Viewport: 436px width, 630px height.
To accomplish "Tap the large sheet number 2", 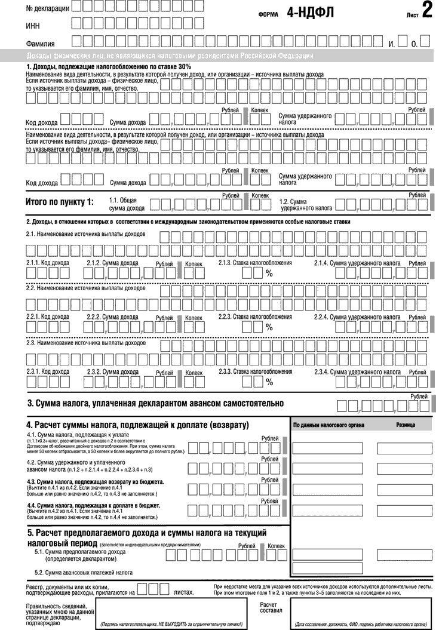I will point(426,11).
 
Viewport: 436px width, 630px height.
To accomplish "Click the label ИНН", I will point(33,26).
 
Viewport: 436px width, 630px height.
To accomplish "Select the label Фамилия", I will point(41,44).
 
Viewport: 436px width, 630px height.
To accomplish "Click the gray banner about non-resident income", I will point(218,56).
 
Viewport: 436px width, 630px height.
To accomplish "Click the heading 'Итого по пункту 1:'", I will point(59,202).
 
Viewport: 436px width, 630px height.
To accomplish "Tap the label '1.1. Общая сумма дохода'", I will point(127,205).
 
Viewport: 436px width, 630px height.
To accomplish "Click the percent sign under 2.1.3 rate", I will point(269,273).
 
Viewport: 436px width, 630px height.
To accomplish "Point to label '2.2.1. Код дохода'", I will point(48,317).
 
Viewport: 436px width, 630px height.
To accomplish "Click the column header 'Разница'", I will point(405,425).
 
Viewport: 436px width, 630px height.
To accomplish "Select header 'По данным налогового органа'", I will point(329,425).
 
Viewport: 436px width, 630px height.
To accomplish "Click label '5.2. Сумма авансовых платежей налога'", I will point(84,573).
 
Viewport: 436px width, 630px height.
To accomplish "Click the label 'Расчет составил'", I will point(269,608).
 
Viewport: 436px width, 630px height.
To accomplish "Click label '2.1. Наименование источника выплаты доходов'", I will point(85,234).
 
